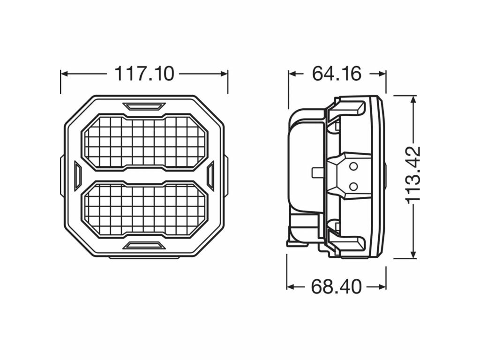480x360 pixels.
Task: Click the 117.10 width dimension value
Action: pos(144,74)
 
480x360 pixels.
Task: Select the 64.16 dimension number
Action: pos(337,74)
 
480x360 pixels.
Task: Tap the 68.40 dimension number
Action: pos(336,287)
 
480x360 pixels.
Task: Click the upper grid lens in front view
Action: pos(144,142)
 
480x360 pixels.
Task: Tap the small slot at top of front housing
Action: pos(144,106)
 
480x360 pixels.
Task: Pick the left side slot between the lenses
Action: pos(78,175)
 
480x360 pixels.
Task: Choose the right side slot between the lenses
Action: pos(210,176)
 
